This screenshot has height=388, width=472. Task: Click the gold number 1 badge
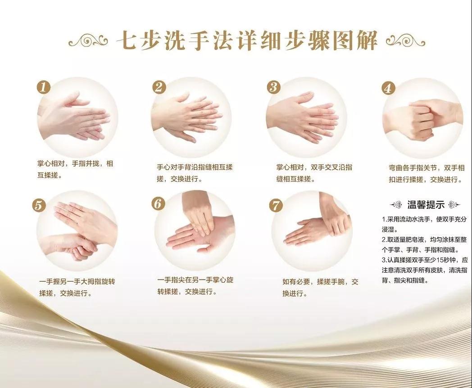(43, 87)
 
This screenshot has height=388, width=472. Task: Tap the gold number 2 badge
(159, 87)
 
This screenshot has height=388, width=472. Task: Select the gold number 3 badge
(273, 87)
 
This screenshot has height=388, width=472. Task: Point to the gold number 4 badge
(388, 88)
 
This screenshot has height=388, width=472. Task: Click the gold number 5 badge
(39, 205)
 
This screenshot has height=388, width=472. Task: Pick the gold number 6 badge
(158, 203)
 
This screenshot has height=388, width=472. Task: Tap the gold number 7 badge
(276, 206)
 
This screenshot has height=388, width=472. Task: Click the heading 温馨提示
(426, 205)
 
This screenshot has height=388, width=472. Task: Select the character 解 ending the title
(367, 40)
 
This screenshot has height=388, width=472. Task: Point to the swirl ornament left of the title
(88, 41)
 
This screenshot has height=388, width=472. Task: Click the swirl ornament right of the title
(405, 41)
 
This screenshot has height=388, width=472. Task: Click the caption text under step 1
(75, 169)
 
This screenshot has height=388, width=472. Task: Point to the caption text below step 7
(320, 288)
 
